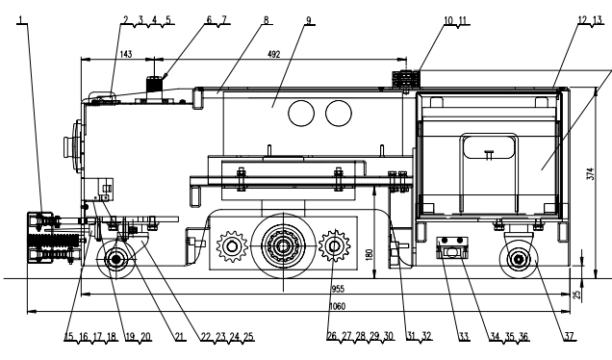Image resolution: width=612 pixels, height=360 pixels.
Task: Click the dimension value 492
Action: coord(274,54)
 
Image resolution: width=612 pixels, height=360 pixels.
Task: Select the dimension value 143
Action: coord(126,54)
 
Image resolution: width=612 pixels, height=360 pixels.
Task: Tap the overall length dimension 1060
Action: coord(337,306)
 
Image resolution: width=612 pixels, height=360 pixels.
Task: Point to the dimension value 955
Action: coord(338,289)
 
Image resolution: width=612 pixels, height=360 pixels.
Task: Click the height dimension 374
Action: coord(590,174)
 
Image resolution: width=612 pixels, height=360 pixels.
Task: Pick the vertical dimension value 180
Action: coord(370,254)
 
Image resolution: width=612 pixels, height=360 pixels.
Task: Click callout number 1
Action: coord(21,19)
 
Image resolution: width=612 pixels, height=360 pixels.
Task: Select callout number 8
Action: coord(267,20)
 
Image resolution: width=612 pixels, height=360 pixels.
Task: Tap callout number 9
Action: coord(309,20)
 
